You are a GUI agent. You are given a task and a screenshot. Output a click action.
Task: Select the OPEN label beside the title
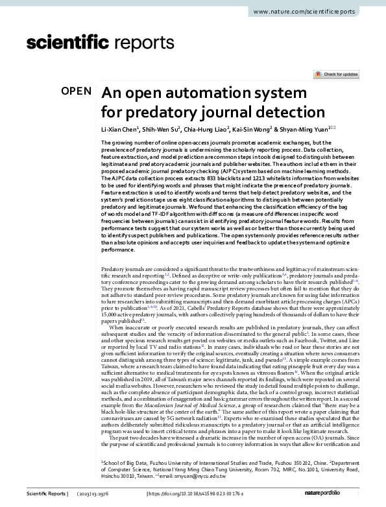click(x=77, y=91)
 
